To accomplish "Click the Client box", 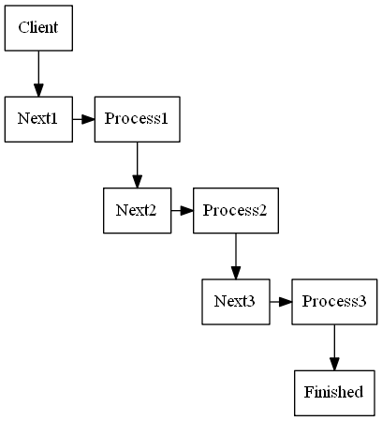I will [38, 27].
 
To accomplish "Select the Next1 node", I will [38, 119].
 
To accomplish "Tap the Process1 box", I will [137, 119].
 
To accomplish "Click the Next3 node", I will [235, 301].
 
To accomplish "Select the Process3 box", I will [334, 301].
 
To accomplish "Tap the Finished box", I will [334, 392].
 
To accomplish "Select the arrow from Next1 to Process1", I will [83, 119].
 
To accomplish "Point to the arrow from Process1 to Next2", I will [137, 164].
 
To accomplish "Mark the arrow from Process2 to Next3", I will [235, 255].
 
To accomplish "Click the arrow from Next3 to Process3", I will [280, 301].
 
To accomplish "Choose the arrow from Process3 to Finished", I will [334, 347].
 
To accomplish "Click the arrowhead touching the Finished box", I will [334, 363].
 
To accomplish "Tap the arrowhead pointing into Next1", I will [38, 89].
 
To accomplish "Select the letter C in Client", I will [22, 28].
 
